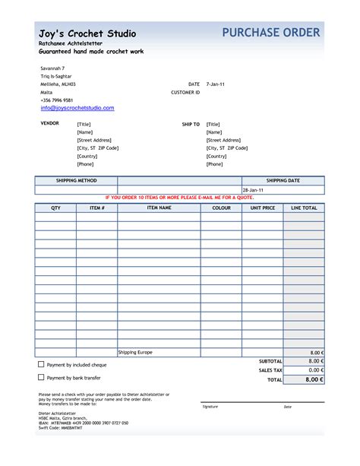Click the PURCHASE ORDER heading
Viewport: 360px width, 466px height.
pyautogui.click(x=272, y=32)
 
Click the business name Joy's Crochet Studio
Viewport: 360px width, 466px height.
pyautogui.click(x=87, y=33)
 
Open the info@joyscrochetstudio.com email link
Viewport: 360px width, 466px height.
pyautogui.click(x=77, y=108)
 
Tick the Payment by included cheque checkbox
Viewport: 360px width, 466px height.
pyautogui.click(x=41, y=364)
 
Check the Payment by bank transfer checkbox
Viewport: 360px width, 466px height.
pyautogui.click(x=41, y=377)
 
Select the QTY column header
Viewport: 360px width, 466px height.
pyautogui.click(x=55, y=208)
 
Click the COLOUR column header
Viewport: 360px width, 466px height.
pyautogui.click(x=221, y=208)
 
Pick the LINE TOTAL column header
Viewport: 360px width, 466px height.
pyautogui.click(x=304, y=208)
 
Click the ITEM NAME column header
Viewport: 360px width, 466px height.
pyautogui.click(x=159, y=208)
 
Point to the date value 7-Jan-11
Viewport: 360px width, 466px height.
pyautogui.click(x=216, y=84)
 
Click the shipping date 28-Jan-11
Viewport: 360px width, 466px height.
pyautogui.click(x=253, y=189)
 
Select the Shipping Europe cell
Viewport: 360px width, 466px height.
pyautogui.click(x=135, y=353)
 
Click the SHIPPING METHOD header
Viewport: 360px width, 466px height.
pyautogui.click(x=76, y=180)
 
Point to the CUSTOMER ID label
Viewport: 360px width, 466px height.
pyautogui.click(x=185, y=92)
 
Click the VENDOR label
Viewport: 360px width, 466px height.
pyautogui.click(x=49, y=123)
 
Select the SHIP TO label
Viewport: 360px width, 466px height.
pyautogui.click(x=191, y=123)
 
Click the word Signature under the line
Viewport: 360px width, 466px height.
pyautogui.click(x=210, y=407)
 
